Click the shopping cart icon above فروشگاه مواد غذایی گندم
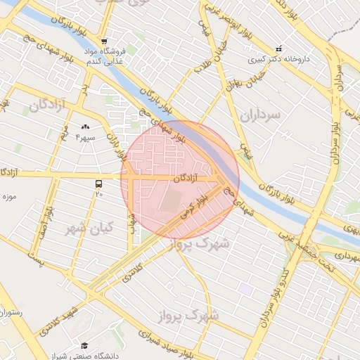[104, 41]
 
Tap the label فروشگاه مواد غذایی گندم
[109, 57]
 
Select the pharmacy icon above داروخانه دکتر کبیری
[279, 49]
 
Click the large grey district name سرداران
[259, 115]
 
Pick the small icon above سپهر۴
[85, 127]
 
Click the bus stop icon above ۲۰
[98, 184]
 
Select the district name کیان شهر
[85, 229]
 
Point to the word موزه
[9, 195]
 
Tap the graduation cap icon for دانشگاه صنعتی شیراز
[85, 345]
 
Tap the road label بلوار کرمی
[194, 207]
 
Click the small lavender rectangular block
[245, 288]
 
